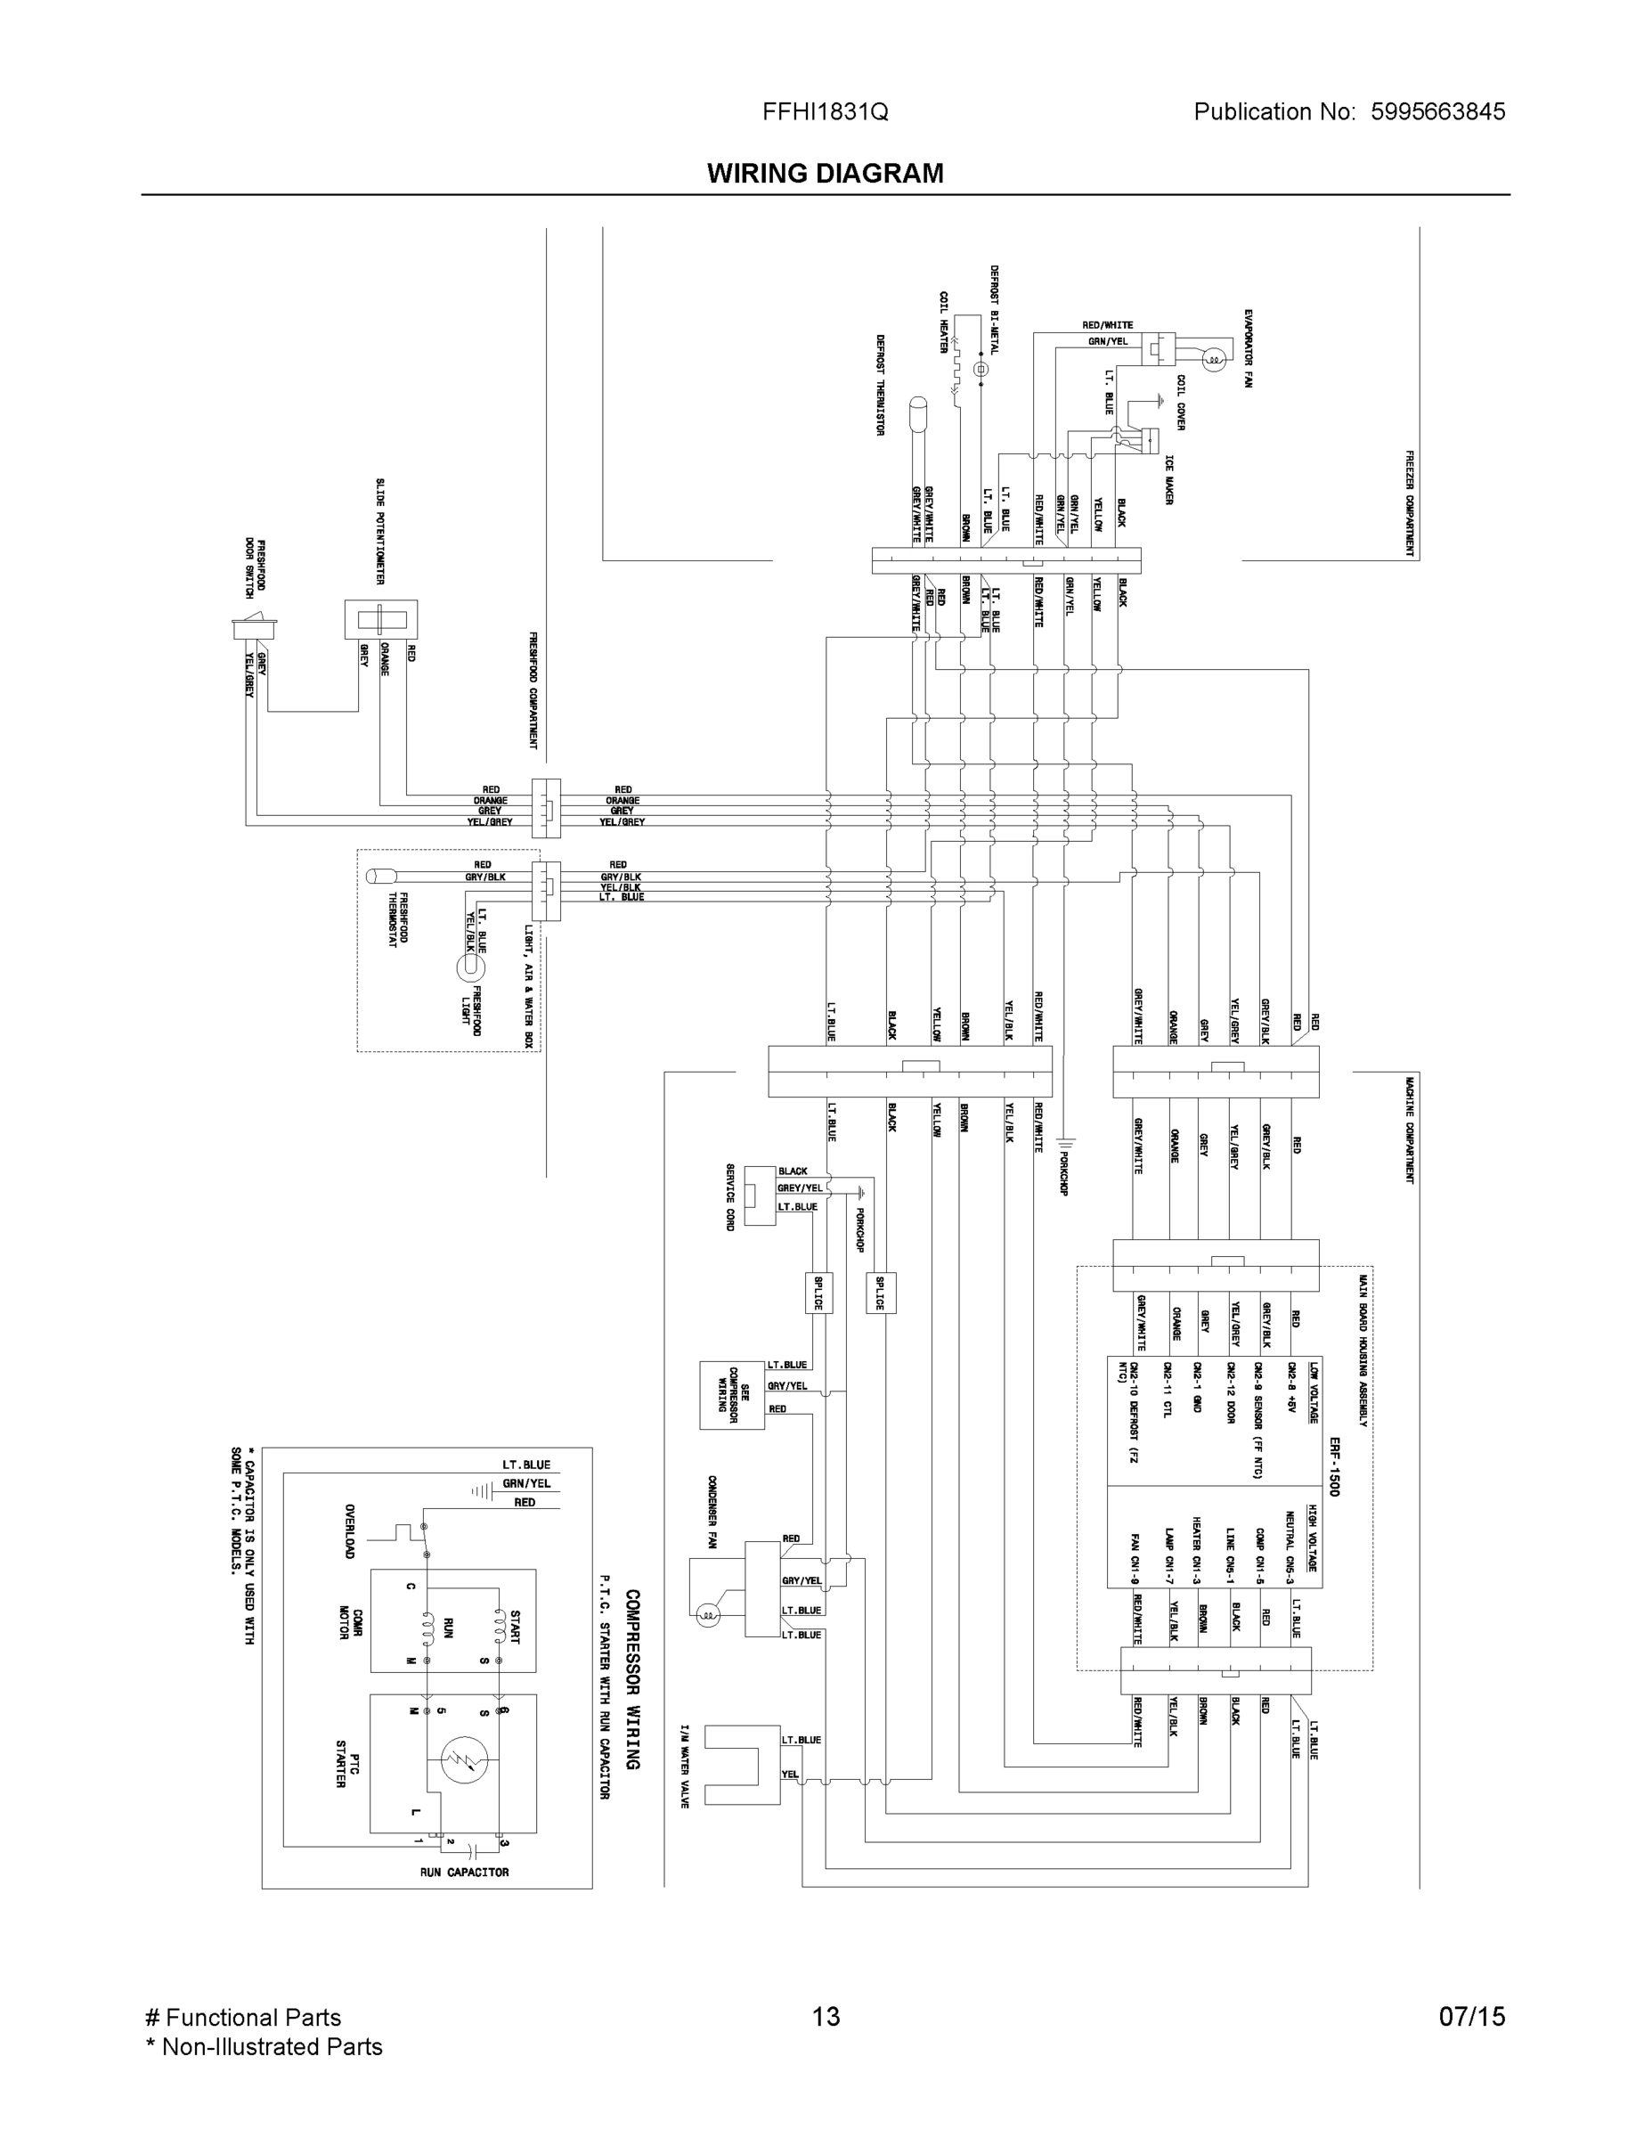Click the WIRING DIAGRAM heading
(x=825, y=174)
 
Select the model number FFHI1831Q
(x=825, y=111)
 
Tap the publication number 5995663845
(x=1437, y=111)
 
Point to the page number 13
(x=825, y=2017)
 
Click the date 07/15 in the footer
(x=1471, y=2017)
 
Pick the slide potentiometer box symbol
(x=380, y=620)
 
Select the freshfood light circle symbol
(x=469, y=967)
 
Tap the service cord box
(x=760, y=1195)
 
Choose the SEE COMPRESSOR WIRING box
(x=731, y=1395)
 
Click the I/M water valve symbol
(x=742, y=1765)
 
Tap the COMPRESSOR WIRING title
(x=632, y=1679)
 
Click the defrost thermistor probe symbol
(x=918, y=414)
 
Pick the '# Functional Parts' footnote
(x=243, y=2017)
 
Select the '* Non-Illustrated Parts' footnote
(x=264, y=2046)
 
